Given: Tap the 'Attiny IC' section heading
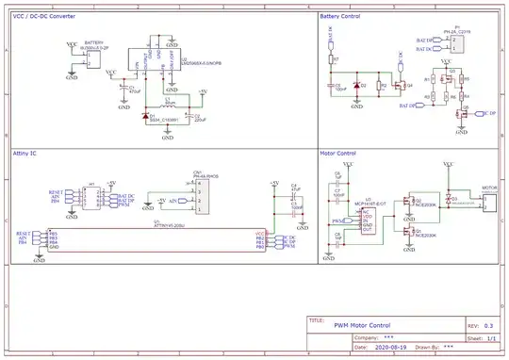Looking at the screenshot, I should pyautogui.click(x=25, y=151).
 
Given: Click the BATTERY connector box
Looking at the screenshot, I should pyautogui.click(x=90, y=57).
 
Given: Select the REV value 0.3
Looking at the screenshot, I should pyautogui.click(x=488, y=325).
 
